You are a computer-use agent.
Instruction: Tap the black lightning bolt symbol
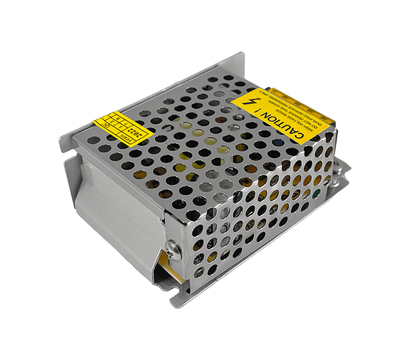(250, 102)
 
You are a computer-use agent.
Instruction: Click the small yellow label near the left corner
(119, 128)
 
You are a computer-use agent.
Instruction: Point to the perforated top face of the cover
(190, 130)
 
